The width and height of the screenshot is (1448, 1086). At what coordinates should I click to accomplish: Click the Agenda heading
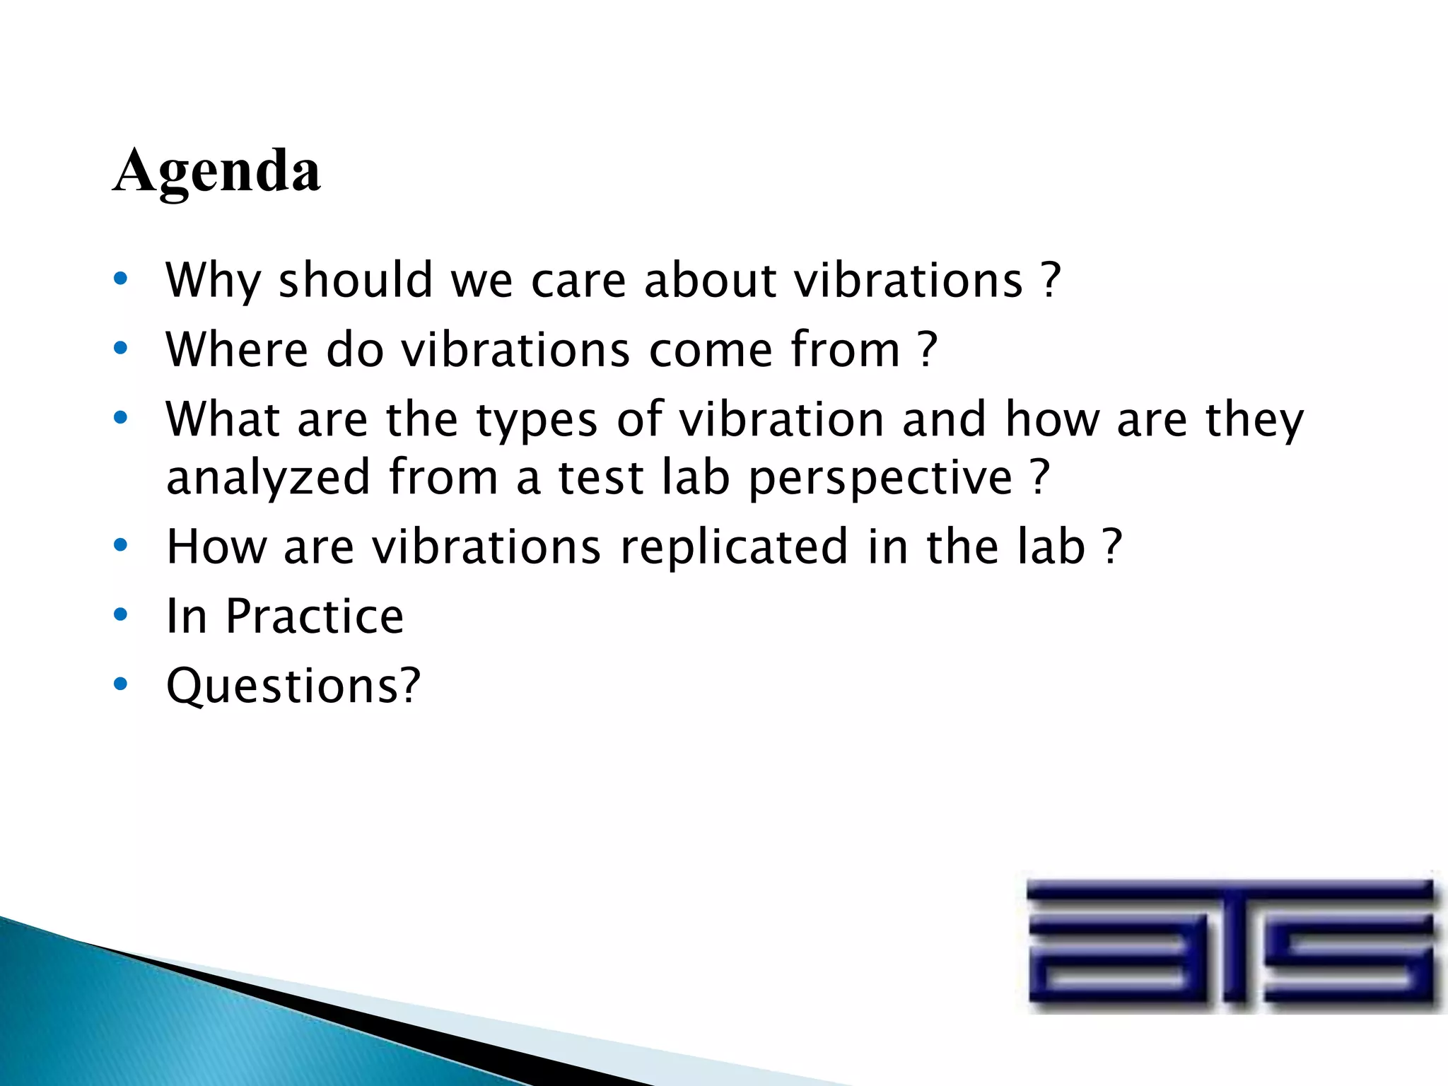coord(216,172)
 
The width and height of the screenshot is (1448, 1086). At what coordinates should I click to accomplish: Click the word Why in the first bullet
coord(213,281)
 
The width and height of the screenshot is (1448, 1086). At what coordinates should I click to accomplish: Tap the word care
coord(578,281)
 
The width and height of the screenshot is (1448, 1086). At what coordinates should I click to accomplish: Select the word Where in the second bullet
coord(237,349)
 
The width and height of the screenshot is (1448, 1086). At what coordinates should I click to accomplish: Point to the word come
coord(710,351)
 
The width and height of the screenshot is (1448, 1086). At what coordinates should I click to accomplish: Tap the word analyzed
coord(268,478)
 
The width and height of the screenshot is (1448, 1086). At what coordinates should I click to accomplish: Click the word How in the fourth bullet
coord(216,547)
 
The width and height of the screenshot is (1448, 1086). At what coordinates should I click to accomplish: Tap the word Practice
coord(315,617)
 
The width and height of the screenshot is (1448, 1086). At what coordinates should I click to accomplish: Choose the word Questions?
coord(293,686)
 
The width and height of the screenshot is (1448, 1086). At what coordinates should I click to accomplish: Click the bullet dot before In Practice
coord(121,615)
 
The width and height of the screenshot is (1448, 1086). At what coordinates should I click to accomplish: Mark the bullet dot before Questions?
coord(121,684)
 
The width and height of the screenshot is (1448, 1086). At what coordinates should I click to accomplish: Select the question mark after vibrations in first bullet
coord(1051,281)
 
